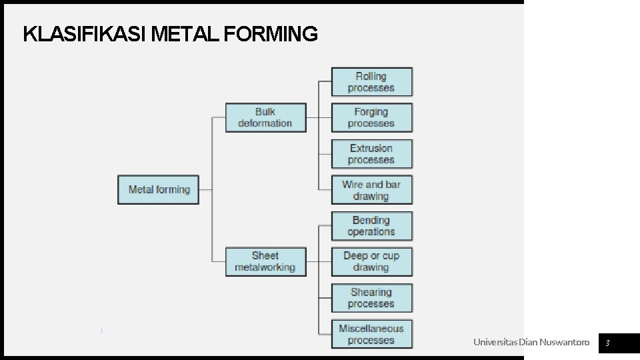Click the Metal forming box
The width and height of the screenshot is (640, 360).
click(x=159, y=189)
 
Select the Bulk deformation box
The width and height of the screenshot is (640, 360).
click(x=265, y=117)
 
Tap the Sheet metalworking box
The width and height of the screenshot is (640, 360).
click(x=265, y=261)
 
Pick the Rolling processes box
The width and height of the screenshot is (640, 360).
click(x=371, y=82)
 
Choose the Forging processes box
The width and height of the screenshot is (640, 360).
click(x=371, y=118)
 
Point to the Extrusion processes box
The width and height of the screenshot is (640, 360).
click(x=371, y=154)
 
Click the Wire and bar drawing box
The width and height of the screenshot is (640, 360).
click(x=371, y=190)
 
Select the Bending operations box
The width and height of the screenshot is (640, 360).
click(x=371, y=226)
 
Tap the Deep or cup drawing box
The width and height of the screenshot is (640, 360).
click(x=371, y=261)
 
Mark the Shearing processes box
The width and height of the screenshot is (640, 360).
click(x=371, y=297)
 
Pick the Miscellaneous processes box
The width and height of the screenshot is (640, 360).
click(x=371, y=334)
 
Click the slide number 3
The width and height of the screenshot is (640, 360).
click(x=608, y=343)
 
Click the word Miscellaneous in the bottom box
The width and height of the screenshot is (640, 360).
click(x=371, y=328)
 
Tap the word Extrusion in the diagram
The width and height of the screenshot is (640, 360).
click(x=371, y=148)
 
